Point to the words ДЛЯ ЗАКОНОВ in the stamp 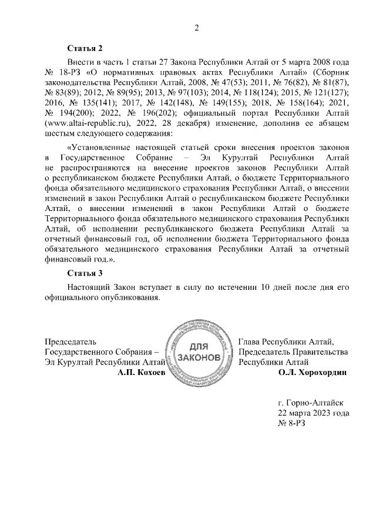tap(199, 352)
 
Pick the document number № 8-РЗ tap(292, 423)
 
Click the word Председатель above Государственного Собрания tap(70, 341)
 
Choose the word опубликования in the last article tap(127, 297)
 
